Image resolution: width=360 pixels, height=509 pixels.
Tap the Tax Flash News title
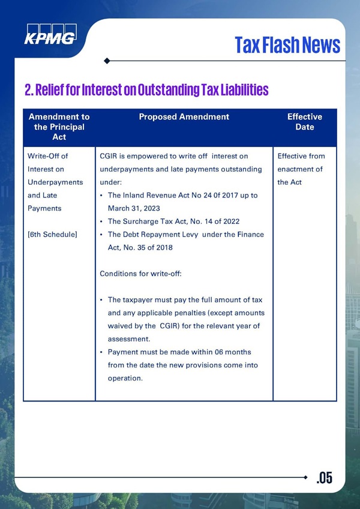(287, 44)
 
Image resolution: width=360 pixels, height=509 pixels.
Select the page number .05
(324, 478)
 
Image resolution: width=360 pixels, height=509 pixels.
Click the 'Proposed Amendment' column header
(184, 117)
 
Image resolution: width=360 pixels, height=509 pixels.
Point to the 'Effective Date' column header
(305, 122)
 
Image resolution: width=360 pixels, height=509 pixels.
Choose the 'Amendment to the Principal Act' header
(59, 127)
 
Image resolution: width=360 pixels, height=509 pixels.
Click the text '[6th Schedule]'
(52, 234)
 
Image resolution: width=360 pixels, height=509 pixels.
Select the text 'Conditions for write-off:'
(140, 274)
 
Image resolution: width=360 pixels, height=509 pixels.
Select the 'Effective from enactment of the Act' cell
(301, 169)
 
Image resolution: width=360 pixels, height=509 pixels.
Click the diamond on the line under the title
(106, 61)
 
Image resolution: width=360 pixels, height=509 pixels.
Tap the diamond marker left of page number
(307, 477)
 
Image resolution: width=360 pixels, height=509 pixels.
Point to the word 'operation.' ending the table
(125, 378)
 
